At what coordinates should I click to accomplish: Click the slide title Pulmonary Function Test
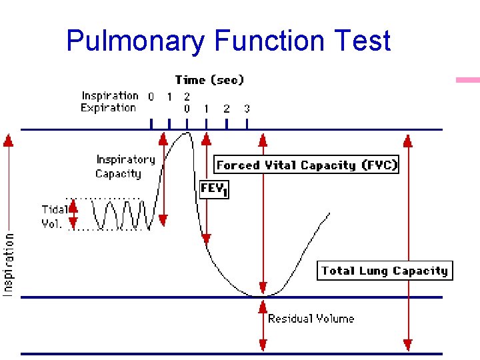(x=228, y=41)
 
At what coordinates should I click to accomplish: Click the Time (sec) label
(x=209, y=80)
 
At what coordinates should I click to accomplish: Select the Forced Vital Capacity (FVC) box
(x=307, y=165)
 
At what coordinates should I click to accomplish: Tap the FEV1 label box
(x=214, y=189)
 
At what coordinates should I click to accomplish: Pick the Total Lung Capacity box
(x=384, y=271)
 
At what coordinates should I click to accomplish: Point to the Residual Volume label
(x=311, y=319)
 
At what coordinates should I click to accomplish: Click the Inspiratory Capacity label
(x=125, y=167)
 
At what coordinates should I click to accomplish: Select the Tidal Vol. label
(x=53, y=217)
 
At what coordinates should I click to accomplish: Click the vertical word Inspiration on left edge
(x=9, y=263)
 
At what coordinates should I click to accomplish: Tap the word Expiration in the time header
(x=108, y=108)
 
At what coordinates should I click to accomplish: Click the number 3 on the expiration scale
(x=247, y=108)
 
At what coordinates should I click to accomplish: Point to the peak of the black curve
(x=187, y=133)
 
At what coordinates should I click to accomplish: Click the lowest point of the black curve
(x=257, y=295)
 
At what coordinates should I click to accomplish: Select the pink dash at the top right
(x=467, y=80)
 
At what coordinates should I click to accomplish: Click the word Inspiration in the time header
(x=110, y=96)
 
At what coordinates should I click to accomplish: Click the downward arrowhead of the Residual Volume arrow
(x=263, y=345)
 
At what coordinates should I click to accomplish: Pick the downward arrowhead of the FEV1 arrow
(x=207, y=238)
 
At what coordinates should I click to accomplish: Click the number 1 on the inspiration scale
(x=169, y=97)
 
